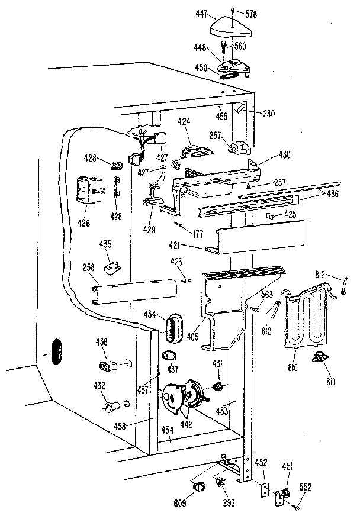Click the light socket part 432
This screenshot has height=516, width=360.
tap(113, 407)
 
